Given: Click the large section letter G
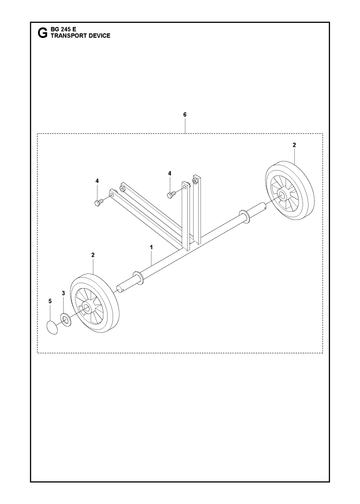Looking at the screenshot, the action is [x=42, y=33].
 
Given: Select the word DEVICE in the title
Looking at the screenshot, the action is [x=99, y=36].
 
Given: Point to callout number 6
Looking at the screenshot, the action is [x=185, y=115].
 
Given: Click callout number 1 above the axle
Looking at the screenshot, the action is [x=151, y=247].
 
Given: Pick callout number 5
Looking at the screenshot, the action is [x=50, y=301].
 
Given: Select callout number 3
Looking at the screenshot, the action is [x=63, y=293].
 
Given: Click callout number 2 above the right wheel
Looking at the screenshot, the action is [x=294, y=145].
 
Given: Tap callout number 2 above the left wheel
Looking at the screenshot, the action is [x=93, y=255].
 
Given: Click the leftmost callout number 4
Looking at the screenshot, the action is [x=97, y=181].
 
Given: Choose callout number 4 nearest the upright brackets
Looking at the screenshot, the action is [x=170, y=173].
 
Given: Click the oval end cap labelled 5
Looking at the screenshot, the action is [x=52, y=327].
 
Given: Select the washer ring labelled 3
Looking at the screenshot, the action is [x=66, y=320].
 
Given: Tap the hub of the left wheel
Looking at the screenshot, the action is [x=87, y=308].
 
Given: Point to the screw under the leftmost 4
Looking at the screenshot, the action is [x=98, y=202].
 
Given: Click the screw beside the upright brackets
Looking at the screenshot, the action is [x=170, y=195].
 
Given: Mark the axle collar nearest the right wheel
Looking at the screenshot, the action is [x=245, y=217].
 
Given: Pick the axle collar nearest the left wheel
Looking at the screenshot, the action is [x=138, y=278].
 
